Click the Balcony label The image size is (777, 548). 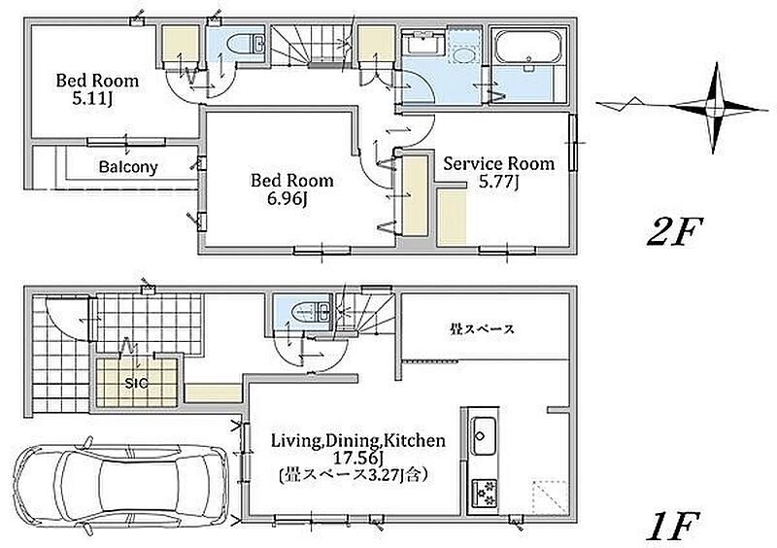pos(128,166)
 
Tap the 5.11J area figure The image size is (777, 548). pos(92,99)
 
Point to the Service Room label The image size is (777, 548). pos(498,163)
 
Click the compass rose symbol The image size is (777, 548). pos(714,107)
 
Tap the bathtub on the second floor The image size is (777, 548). pos(528,48)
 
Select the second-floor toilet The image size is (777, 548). pos(247,43)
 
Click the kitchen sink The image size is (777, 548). pos(484,436)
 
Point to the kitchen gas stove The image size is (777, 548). pos(484,493)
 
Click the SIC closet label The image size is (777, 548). pos(136,383)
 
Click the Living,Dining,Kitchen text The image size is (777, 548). pos(357,440)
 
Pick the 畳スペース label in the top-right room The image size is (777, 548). pos(482,328)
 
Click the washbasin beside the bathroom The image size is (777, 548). pos(424,43)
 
